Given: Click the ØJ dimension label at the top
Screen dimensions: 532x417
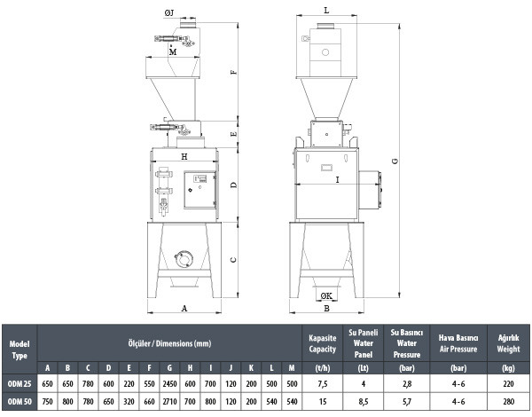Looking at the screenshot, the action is (169, 13).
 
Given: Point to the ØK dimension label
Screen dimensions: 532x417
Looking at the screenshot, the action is (326, 296).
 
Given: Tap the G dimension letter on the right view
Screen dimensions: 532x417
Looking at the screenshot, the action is (395, 161).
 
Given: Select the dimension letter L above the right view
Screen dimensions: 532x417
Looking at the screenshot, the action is (326, 11).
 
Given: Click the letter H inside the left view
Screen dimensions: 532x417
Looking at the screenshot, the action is (184, 156).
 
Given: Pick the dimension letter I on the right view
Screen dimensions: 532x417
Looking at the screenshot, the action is (337, 179).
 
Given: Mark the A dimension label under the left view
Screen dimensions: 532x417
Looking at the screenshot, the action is (184, 309).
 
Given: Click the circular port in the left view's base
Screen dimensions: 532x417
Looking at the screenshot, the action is (184, 259).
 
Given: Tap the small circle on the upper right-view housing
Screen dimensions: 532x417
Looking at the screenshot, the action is (325, 52).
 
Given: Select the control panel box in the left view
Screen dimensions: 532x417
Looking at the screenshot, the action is (200, 190).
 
